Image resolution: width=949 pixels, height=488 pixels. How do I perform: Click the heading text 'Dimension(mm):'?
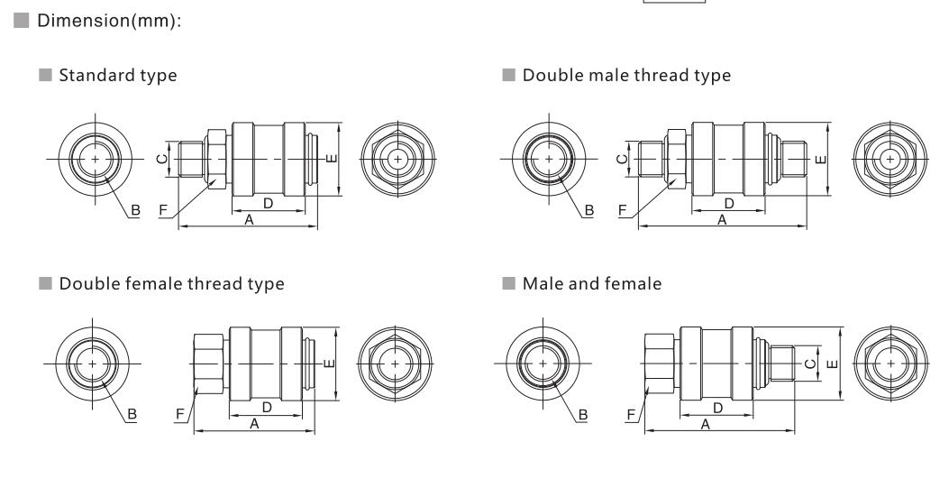tap(109, 21)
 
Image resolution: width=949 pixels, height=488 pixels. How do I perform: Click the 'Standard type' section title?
tap(118, 76)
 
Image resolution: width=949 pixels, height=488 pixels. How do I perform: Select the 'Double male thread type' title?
tap(626, 76)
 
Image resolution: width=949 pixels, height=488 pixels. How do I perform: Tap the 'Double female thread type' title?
tap(172, 284)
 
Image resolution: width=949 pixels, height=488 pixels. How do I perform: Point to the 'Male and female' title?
tap(592, 283)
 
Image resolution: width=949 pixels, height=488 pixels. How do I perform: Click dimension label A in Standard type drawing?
tap(249, 220)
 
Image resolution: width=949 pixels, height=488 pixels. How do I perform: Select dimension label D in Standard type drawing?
tap(268, 204)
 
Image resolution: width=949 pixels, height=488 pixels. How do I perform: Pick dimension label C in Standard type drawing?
tap(161, 160)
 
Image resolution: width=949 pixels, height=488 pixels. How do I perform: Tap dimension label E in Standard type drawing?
tap(331, 160)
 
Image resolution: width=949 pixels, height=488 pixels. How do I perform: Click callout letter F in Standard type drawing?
tap(163, 211)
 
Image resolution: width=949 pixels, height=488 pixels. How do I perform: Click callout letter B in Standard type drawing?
tap(135, 211)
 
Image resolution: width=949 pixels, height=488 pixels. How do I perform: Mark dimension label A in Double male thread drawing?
tap(721, 220)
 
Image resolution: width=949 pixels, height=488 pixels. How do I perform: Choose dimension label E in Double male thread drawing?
tap(821, 160)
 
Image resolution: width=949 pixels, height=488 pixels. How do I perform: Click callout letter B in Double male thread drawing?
tap(589, 211)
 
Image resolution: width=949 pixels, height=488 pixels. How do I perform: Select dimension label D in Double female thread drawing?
tap(266, 408)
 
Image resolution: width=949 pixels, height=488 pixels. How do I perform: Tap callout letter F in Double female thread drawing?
tap(179, 415)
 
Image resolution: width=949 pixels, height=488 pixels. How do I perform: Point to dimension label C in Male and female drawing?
tap(810, 364)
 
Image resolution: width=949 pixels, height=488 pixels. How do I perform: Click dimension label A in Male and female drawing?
tap(705, 425)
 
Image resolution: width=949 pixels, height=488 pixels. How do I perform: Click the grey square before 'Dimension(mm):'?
tap(22, 21)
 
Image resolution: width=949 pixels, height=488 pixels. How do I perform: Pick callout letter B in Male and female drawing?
tap(583, 415)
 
